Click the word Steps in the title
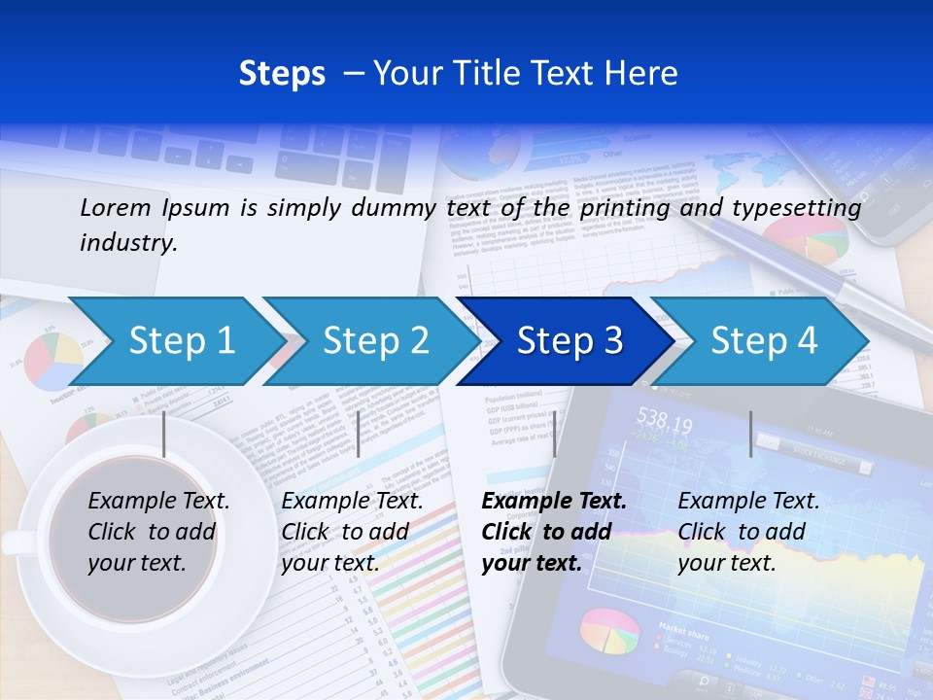pos(282,73)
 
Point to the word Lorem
pos(115,207)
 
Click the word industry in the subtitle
pos(127,243)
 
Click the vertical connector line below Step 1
pos(164,434)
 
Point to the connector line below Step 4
pos(750,434)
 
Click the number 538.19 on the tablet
pos(664,423)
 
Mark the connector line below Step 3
pos(554,434)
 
